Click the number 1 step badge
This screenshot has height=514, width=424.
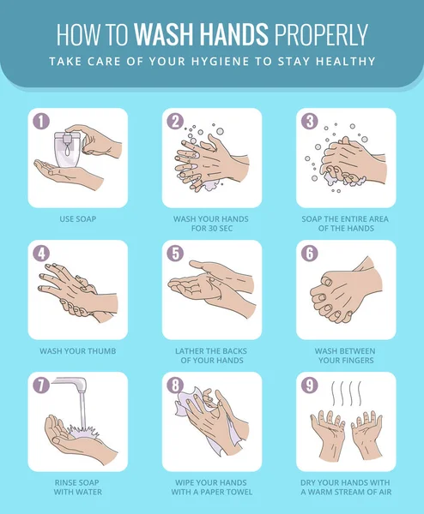39,121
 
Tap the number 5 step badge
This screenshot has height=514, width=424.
175,253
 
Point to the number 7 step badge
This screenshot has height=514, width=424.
39,385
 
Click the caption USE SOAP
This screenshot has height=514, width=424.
77,219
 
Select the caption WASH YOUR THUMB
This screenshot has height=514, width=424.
77,351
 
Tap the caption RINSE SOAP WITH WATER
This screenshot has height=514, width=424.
77,487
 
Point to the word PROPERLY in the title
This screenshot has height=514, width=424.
322,34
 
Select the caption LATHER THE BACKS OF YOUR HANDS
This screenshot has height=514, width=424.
212,356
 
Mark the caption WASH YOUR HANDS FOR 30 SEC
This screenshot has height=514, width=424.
212,224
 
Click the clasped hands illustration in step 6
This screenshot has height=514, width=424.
343,291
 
